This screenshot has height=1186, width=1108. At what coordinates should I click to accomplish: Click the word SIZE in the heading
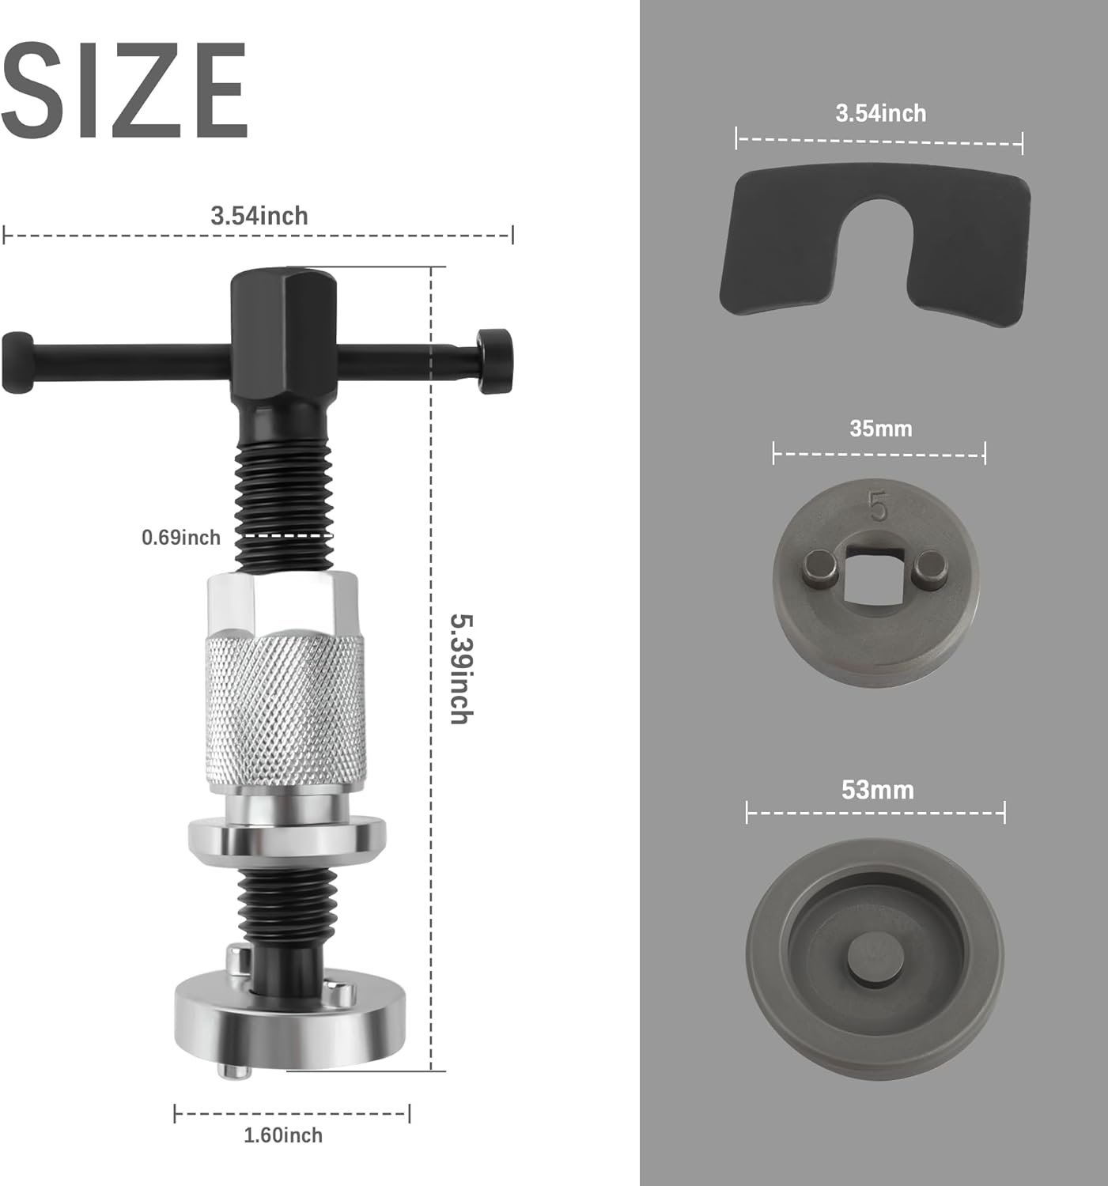(x=124, y=90)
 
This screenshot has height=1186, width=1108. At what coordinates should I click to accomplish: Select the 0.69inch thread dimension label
(x=181, y=538)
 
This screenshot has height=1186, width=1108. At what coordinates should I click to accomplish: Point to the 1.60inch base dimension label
(x=282, y=1135)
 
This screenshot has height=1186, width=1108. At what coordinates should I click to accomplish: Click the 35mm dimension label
(x=880, y=429)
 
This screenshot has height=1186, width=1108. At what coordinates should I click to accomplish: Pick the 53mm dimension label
(x=877, y=790)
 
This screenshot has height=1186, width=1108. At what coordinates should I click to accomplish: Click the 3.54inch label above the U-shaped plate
(x=880, y=114)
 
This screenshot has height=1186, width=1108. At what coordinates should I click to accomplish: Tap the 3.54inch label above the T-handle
(x=259, y=216)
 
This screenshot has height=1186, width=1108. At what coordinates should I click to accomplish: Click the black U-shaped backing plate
(x=875, y=246)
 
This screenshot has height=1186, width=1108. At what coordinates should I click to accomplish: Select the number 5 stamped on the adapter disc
(x=877, y=506)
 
